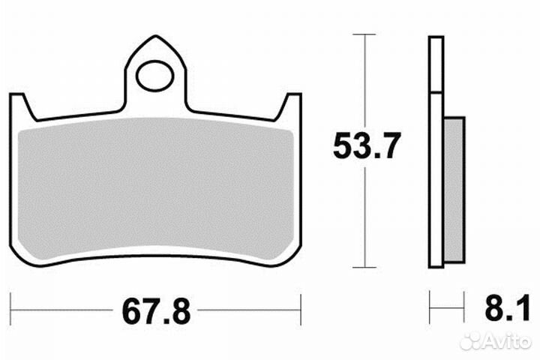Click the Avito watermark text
(x=508, y=342)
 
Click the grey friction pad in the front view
(x=155, y=191)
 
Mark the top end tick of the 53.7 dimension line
(x=364, y=34)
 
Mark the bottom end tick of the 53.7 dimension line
(x=364, y=267)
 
